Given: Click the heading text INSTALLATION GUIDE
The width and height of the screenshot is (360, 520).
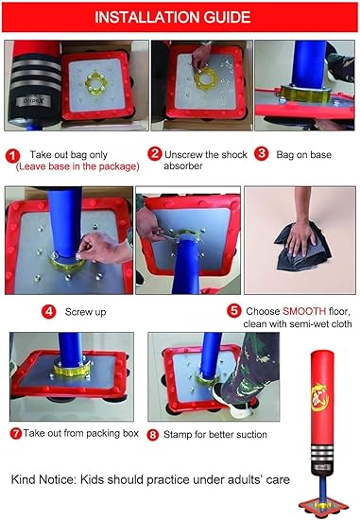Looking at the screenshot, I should [x=180, y=17].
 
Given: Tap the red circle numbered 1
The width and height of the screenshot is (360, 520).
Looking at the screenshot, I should [x=11, y=152].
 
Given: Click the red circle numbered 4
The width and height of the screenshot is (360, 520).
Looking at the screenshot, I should [x=48, y=310].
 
